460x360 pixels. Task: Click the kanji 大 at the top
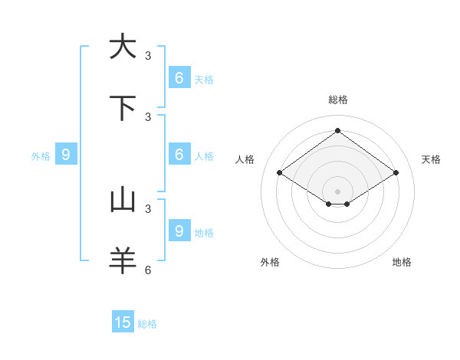coord(123,46)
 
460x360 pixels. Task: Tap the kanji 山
coord(123,200)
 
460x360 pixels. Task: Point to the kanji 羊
coord(123,261)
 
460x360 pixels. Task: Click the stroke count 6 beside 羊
coord(148,270)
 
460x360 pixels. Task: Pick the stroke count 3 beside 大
coord(148,55)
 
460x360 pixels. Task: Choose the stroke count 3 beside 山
coord(148,208)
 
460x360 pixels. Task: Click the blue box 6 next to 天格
coord(179,77)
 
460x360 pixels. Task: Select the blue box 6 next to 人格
coord(179,154)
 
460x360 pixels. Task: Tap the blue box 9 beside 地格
coord(179,231)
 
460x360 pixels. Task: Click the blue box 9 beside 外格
coord(66,155)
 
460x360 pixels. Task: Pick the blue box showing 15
coord(123,322)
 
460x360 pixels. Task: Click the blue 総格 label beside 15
coord(147,324)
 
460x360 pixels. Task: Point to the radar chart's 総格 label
coord(337,100)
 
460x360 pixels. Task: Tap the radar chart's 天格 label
coord(431,159)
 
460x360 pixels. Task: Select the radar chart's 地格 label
coord(402,262)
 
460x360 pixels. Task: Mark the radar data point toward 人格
coord(279,173)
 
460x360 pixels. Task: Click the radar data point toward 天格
coord(396,173)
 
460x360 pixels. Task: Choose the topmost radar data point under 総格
coord(337,130)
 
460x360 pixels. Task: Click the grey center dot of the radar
coord(337,191)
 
